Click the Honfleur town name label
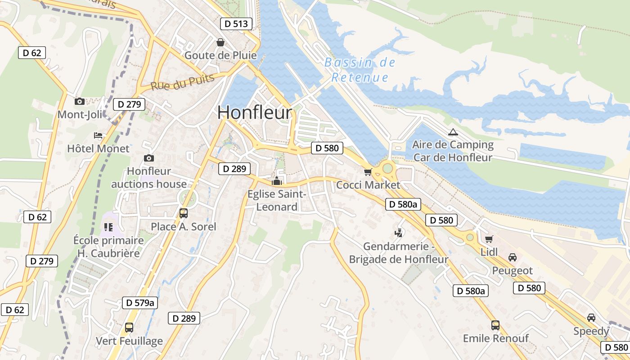255,112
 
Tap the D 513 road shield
236,24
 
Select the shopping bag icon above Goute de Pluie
220,42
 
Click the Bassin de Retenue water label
360,70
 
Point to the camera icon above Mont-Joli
79,101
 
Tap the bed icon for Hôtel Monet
98,135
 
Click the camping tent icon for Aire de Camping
453,132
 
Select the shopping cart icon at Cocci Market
368,172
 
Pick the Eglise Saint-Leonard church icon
277,181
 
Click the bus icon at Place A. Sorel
184,213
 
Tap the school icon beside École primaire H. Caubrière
108,227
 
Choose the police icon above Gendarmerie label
398,233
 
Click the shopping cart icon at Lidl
489,239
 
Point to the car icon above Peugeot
512,257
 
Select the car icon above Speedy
591,318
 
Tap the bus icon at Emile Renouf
495,325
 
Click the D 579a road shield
140,303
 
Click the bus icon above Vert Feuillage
129,328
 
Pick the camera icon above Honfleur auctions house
149,158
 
